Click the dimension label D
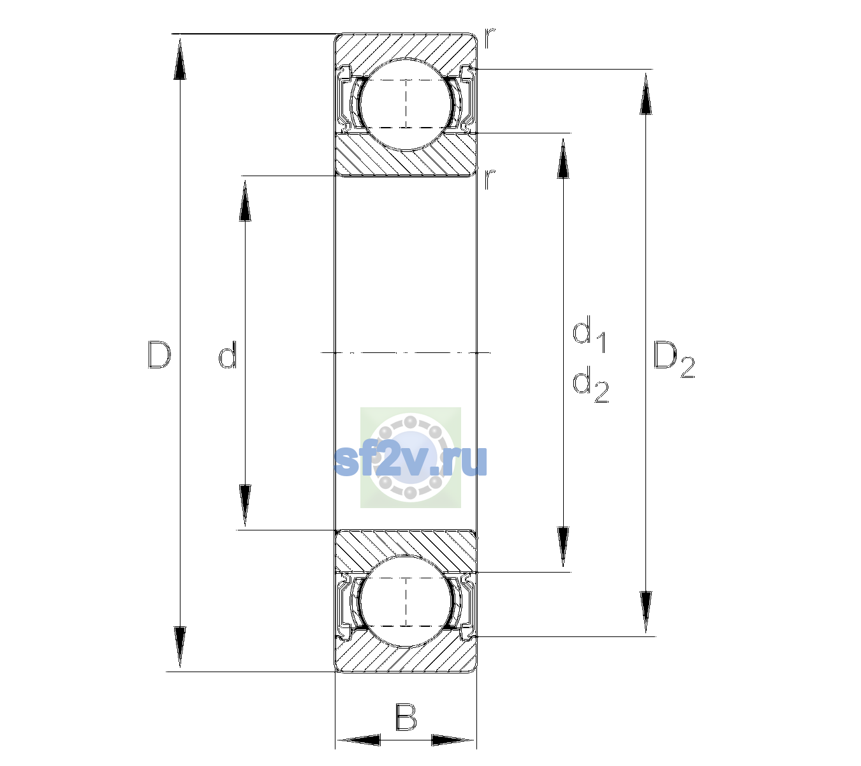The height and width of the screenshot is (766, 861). pyautogui.click(x=159, y=354)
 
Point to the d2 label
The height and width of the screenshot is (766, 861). pyautogui.click(x=591, y=384)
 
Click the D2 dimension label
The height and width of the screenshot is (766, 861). pyautogui.click(x=674, y=359)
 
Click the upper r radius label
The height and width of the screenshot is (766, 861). pyautogui.click(x=490, y=38)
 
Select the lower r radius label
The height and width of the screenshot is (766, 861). pyautogui.click(x=490, y=179)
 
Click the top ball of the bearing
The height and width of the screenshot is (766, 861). pyautogui.click(x=406, y=104)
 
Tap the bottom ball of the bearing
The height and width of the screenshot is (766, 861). pyautogui.click(x=406, y=601)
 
